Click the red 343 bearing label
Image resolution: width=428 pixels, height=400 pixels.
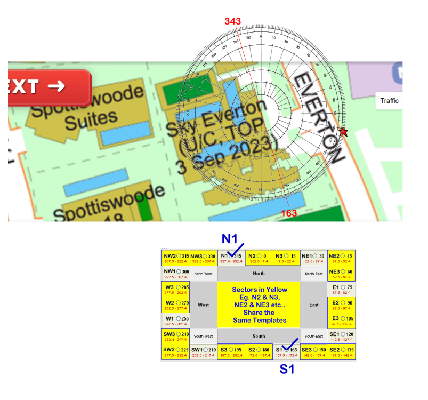pyautogui.click(x=232, y=21)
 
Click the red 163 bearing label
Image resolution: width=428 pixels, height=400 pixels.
pyautogui.click(x=289, y=213)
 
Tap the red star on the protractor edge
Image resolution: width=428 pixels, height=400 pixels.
pyautogui.click(x=344, y=132)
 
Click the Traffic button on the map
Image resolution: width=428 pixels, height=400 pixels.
pyautogui.click(x=389, y=100)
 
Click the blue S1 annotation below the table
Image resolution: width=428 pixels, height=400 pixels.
pyautogui.click(x=287, y=369)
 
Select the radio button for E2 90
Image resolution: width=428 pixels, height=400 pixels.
pyautogui.click(x=343, y=303)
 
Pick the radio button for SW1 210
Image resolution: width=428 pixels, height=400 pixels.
pyautogui.click(x=206, y=350)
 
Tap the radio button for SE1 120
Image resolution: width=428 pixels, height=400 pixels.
pyautogui.click(x=343, y=334)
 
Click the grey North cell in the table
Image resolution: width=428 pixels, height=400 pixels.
pyautogui.click(x=259, y=274)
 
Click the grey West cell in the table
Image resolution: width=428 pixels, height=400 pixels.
pyautogui.click(x=203, y=305)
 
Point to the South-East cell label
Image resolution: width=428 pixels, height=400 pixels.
pyautogui.click(x=313, y=337)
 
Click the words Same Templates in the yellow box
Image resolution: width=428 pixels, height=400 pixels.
pyautogui.click(x=259, y=321)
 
